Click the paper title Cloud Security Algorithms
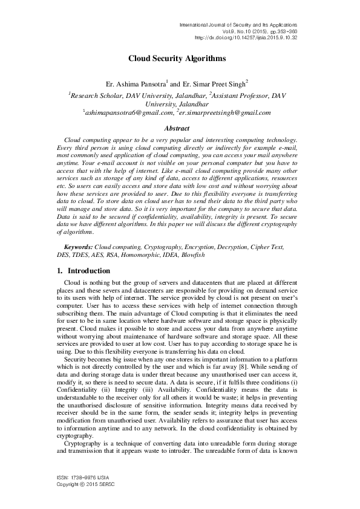click(x=177, y=59)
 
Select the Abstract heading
click(x=177, y=128)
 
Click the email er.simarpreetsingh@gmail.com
click(x=224, y=112)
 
